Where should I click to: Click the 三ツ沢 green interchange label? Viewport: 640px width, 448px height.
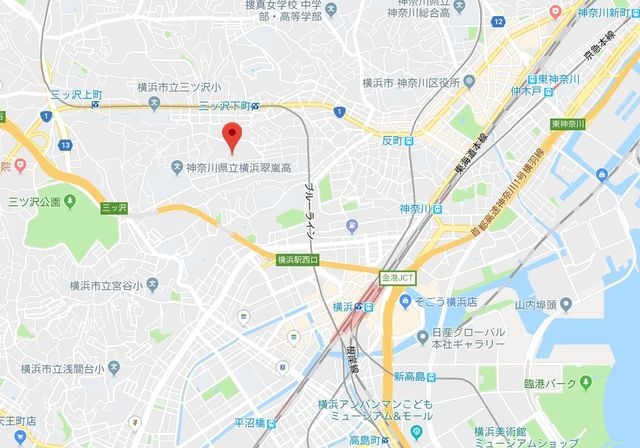(115, 207)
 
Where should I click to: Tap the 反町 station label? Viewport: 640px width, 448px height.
(397, 139)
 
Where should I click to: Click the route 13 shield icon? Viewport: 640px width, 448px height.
(64, 146)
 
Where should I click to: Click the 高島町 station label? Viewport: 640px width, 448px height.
(343, 440)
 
